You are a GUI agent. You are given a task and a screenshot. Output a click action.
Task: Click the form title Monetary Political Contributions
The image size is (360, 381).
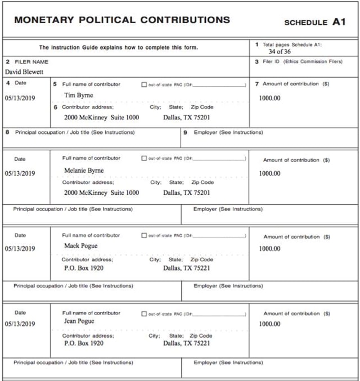pos(122,20)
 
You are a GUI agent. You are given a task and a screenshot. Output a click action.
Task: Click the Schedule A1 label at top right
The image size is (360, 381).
pos(314,23)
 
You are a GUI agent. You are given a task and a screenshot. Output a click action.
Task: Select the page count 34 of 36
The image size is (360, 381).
pos(280,51)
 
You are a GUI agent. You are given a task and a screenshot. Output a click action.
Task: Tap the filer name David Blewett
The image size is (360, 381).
pos(24,72)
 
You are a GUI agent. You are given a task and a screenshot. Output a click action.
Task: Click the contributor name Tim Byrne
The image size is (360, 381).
pos(79,95)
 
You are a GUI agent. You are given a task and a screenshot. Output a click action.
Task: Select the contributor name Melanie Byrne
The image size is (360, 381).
pos(84,170)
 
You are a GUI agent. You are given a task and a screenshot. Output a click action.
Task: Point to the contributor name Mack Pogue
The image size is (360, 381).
pos(80,246)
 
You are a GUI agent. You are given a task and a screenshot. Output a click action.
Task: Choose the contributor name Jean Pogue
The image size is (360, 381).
pos(79,321)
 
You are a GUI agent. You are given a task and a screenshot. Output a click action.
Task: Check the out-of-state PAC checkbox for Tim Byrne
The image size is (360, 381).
pos(145,84)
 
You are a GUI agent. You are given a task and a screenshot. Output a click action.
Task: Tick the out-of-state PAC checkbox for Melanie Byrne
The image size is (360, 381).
pos(145,159)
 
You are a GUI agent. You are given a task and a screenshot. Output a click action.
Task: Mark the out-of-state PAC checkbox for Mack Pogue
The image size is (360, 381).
pos(145,235)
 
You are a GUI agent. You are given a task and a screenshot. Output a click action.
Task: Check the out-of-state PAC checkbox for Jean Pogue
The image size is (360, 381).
pos(145,313)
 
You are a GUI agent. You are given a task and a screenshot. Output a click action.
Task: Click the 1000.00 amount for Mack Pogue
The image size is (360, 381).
pos(269,249)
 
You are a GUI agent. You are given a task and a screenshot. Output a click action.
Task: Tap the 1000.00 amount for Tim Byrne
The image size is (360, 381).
pos(269,98)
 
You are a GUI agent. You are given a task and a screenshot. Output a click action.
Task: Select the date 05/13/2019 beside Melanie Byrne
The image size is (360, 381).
pos(20,173)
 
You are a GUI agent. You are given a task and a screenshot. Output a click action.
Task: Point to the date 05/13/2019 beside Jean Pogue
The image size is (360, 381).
pos(20,324)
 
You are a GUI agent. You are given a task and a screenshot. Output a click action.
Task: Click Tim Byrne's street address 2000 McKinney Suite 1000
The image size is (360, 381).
pos(101,118)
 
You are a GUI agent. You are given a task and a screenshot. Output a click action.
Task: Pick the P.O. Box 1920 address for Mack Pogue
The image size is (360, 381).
pos(83,268)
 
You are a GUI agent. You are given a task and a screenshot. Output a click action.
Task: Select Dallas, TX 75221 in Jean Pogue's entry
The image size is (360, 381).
pos(187,343)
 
